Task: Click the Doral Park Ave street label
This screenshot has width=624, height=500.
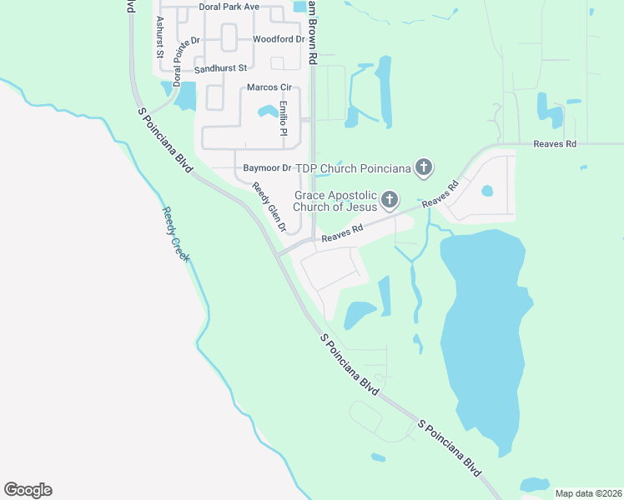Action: click(x=229, y=7)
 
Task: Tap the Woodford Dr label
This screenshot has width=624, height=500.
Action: click(x=279, y=39)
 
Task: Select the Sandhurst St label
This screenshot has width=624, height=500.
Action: click(x=220, y=68)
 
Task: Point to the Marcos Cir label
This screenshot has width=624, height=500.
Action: click(x=268, y=87)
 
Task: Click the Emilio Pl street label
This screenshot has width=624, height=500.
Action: click(x=283, y=119)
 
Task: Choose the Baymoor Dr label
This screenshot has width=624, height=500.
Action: click(x=267, y=168)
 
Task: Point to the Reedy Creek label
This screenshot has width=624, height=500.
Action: click(x=176, y=234)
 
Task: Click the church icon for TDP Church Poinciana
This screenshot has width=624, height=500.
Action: click(x=424, y=168)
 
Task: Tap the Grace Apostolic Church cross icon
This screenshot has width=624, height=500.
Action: click(x=390, y=199)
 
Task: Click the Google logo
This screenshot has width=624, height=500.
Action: click(x=28, y=490)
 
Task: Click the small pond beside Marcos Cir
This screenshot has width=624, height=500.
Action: click(x=268, y=111)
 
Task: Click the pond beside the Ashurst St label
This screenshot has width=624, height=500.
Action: click(x=186, y=96)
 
